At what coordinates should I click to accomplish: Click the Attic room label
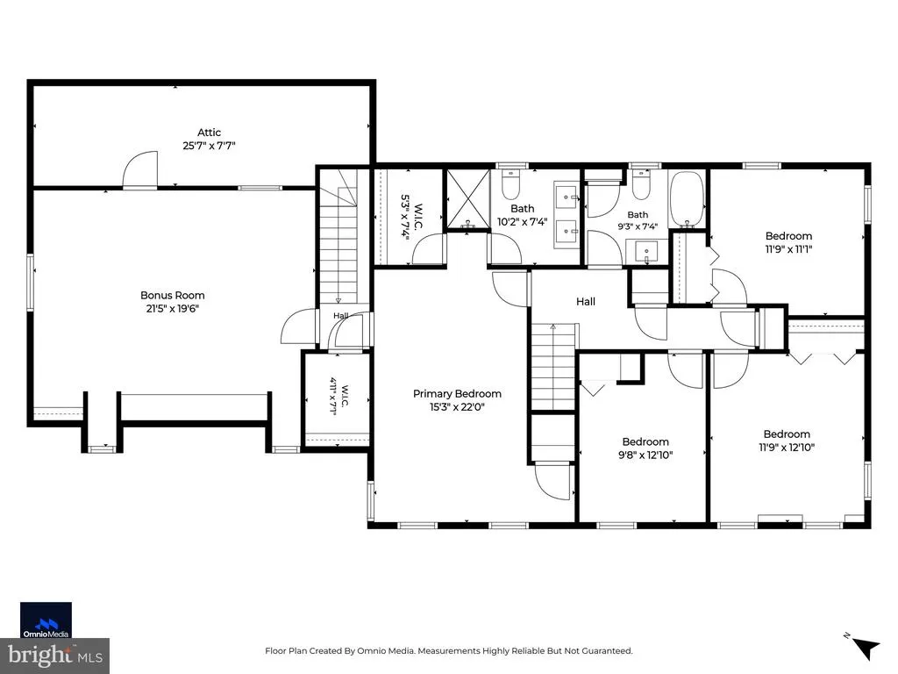[x=209, y=133]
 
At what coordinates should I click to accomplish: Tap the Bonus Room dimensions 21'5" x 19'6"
[x=173, y=309]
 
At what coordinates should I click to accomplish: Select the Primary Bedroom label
[x=457, y=394]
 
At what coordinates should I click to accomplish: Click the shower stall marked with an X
[x=468, y=199]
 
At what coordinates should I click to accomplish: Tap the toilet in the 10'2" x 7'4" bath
[x=510, y=183]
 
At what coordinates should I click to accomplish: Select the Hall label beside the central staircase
[x=585, y=302]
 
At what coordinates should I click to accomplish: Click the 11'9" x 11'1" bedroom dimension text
[x=788, y=249]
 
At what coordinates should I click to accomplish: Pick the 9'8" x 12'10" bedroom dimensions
[x=645, y=455]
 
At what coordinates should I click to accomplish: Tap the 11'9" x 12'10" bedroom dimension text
[x=787, y=448]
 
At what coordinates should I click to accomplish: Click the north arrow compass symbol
[x=865, y=648]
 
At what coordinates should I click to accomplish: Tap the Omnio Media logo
[x=46, y=620]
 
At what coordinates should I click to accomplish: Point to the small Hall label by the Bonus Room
[x=341, y=316]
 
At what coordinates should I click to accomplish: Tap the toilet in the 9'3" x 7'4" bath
[x=641, y=183]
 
